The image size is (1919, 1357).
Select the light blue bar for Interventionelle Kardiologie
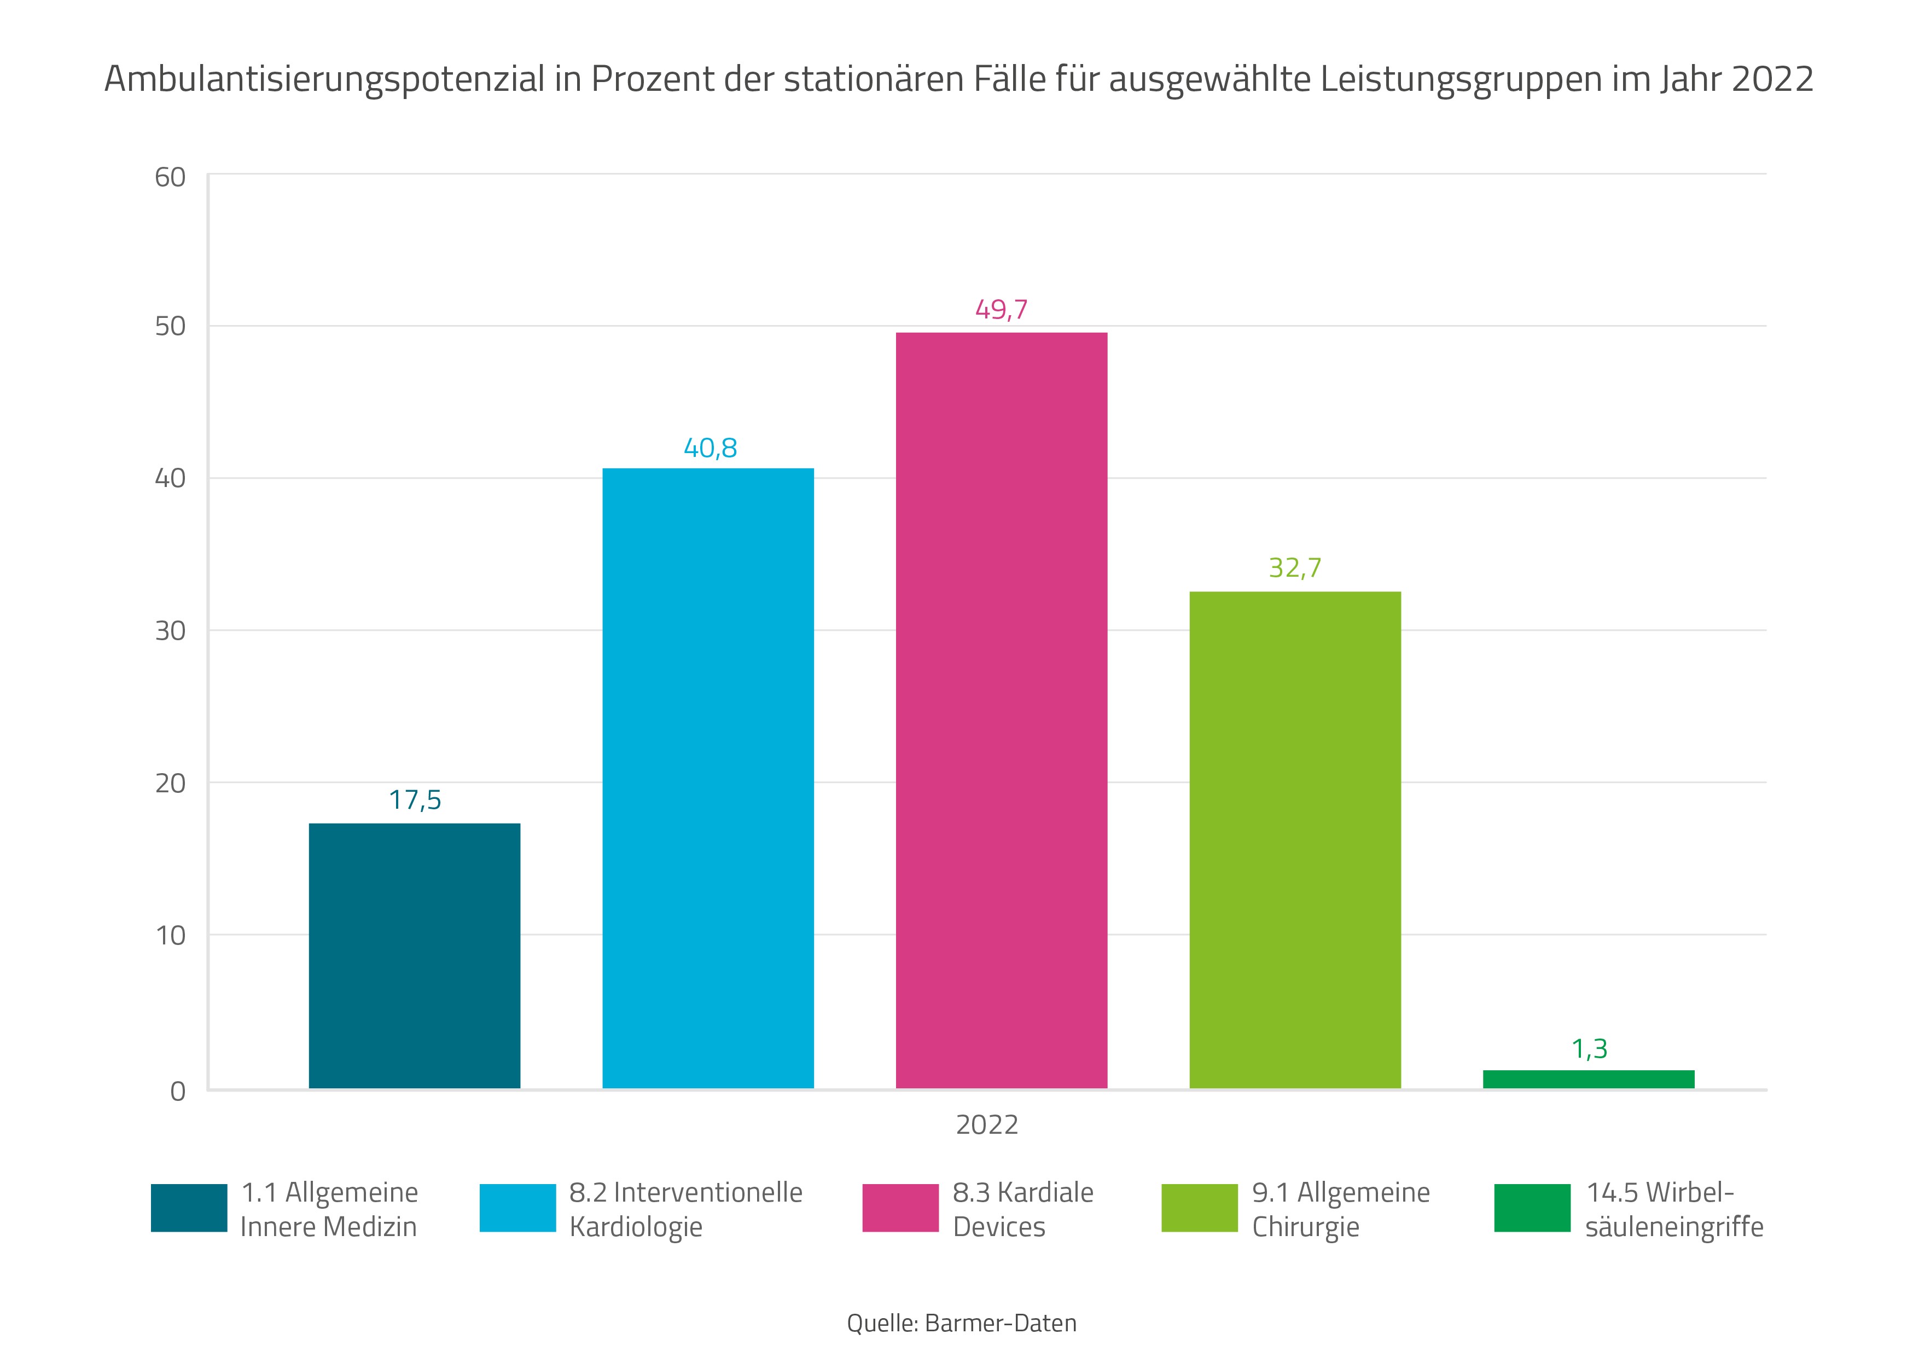pos(708,778)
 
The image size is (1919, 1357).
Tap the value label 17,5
pos(415,800)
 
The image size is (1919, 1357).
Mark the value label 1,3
pos(1589,1048)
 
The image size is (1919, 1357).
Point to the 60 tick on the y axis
pos(170,177)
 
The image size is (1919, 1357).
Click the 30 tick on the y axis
pos(170,630)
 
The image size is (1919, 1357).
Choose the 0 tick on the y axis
pos(177,1091)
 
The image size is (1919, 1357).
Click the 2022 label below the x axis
pos(987,1124)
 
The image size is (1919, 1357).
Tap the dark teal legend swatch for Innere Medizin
pos(189,1207)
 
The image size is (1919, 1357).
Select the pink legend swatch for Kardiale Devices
pos(900,1207)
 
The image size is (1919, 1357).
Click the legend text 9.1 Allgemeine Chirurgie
pos(1341,1209)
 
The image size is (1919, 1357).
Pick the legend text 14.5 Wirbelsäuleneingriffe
pos(1673,1209)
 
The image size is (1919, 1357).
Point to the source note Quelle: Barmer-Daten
pos(961,1323)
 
